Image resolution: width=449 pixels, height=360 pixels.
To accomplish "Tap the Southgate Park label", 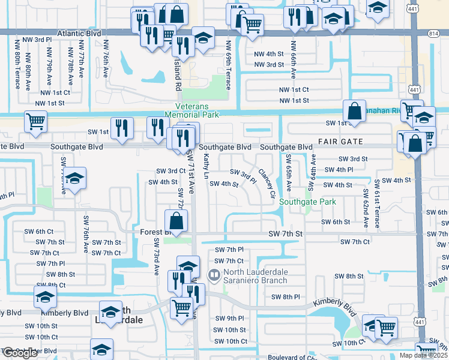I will point(307,202).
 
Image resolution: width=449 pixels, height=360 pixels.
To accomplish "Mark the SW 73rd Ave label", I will point(156,256).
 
